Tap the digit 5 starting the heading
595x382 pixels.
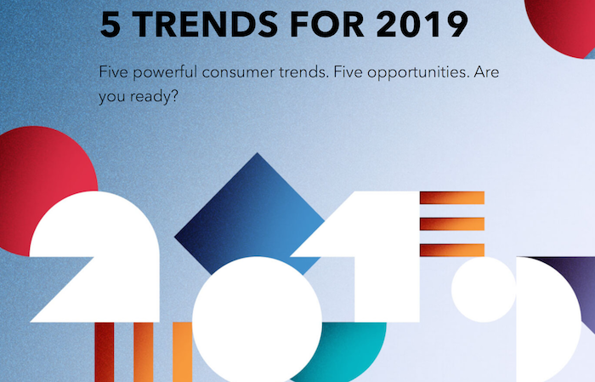110,25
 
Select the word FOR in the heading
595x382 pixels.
327,25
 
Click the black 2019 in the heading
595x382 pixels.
422,25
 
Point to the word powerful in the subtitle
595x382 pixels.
165,72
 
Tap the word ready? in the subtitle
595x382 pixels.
154,97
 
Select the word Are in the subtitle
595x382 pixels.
486,72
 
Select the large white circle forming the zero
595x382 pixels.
257,321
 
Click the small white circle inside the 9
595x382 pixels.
484,289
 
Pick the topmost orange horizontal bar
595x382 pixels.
452,198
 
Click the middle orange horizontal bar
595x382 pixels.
452,224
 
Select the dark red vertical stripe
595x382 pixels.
105,352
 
